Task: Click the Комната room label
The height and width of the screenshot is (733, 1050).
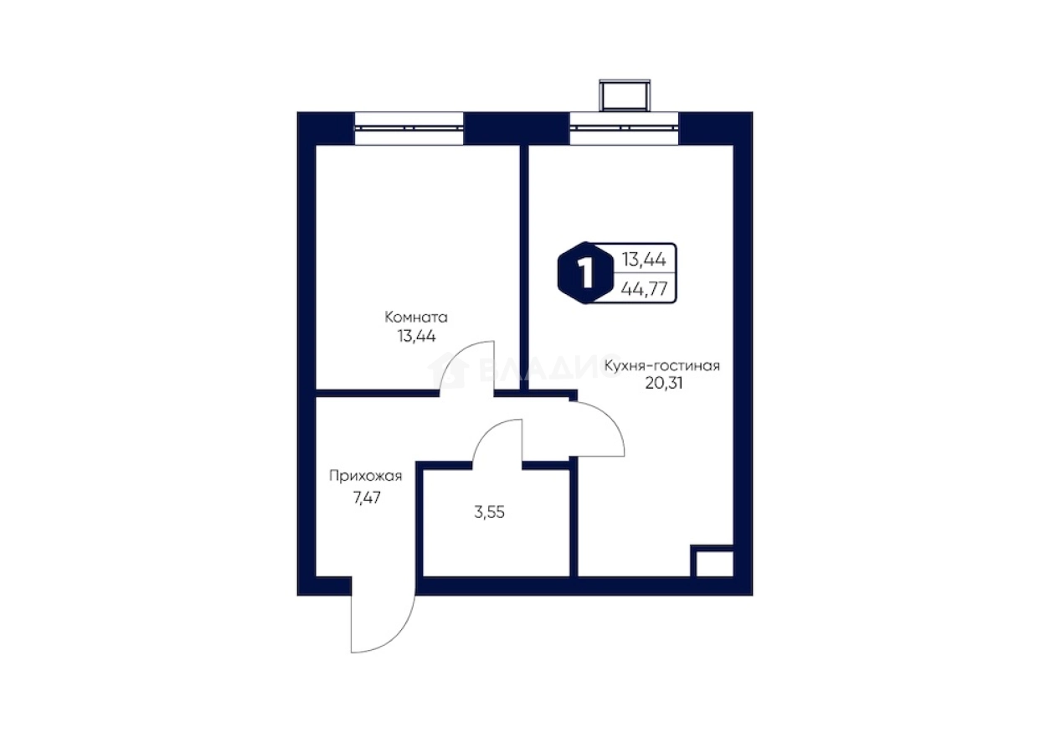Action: click(416, 317)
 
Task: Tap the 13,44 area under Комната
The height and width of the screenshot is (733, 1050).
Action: click(417, 336)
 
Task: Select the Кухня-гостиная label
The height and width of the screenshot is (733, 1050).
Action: click(661, 366)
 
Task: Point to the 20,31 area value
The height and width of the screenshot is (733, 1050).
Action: click(664, 383)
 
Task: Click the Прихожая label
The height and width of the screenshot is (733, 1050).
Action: click(366, 476)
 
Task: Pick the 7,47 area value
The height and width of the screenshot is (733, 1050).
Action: click(367, 497)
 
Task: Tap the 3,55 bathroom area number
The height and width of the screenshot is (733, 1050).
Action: click(489, 513)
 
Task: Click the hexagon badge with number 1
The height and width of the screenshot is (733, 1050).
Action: click(585, 273)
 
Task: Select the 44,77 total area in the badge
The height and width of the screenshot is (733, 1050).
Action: click(644, 288)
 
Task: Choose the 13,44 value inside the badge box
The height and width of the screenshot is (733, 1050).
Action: click(644, 260)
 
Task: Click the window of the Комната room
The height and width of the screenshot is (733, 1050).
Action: click(409, 128)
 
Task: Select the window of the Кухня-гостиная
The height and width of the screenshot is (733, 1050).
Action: click(624, 128)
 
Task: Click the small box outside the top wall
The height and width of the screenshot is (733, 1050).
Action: click(625, 95)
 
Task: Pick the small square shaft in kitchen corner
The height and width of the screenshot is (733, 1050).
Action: click(712, 561)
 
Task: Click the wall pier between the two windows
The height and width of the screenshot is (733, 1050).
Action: click(517, 128)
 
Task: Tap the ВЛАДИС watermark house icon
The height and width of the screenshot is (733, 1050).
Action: click(449, 371)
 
